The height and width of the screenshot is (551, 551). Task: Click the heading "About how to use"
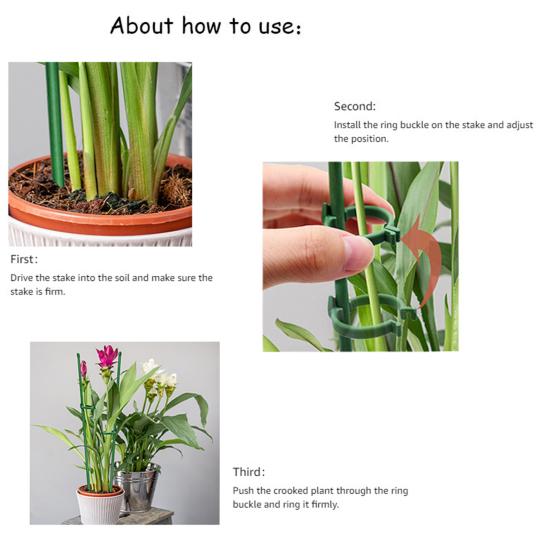tap(204, 26)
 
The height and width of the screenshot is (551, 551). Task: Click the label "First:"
tap(24, 259)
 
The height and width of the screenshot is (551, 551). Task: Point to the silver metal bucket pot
tap(137, 489)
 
